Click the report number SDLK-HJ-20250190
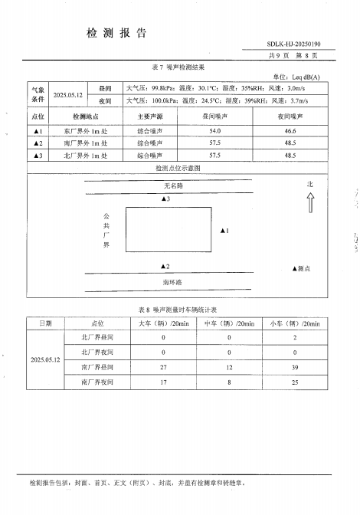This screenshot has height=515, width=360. [x=294, y=44]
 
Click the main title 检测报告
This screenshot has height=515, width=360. [x=116, y=33]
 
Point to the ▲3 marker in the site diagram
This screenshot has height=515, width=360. [x=165, y=199]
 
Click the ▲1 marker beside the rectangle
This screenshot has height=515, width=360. [x=224, y=230]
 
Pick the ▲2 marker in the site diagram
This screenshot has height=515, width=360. [x=165, y=267]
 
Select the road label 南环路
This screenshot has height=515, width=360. [x=173, y=283]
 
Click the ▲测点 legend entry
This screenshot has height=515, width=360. [x=301, y=269]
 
